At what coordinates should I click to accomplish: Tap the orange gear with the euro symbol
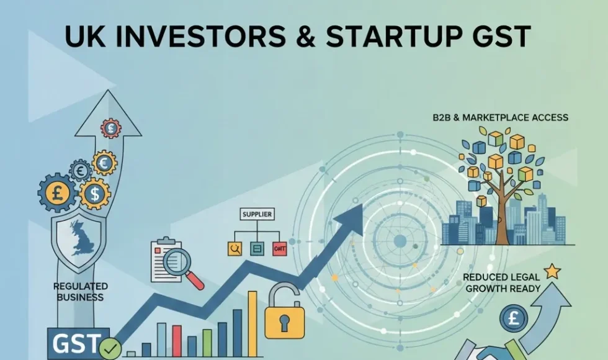[104, 163]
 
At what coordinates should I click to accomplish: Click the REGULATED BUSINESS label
[81, 292]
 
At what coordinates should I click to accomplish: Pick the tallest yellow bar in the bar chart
[253, 324]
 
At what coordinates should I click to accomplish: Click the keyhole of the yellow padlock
[285, 323]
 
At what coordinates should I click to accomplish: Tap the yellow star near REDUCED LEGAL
[552, 271]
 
